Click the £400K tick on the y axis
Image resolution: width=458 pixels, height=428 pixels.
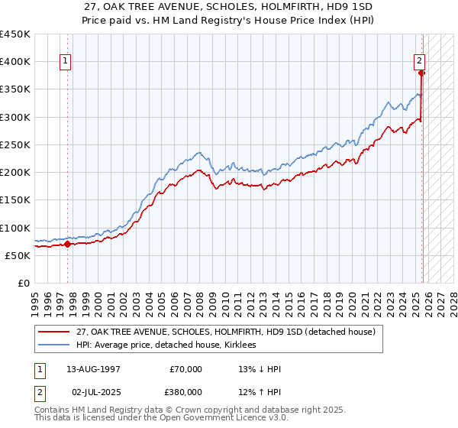15,62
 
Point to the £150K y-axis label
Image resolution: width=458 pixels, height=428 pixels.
15,200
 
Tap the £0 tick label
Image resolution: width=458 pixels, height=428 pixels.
24,284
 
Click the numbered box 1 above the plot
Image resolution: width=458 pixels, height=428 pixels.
66,63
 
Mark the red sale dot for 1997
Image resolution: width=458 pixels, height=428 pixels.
67,245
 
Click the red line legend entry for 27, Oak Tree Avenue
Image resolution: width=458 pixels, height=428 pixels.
225,332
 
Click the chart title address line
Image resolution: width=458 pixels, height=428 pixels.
229,8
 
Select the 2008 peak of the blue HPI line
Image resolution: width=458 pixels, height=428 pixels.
198,152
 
